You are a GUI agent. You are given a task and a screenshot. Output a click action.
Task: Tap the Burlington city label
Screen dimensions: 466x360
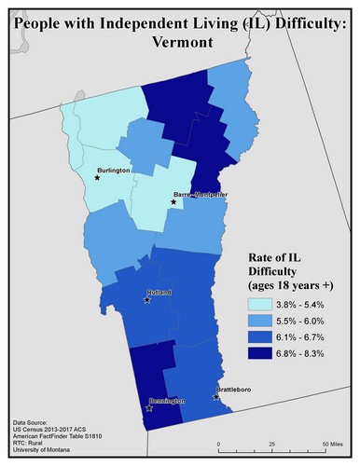point(113,171)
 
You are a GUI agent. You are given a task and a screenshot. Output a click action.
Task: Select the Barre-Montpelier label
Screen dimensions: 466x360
point(200,194)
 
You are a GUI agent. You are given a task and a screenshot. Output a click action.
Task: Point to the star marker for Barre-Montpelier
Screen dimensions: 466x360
point(173,201)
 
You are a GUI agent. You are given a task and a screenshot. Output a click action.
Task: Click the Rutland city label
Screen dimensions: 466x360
point(159,293)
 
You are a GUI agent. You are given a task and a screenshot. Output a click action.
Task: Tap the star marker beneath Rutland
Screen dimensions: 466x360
point(146,300)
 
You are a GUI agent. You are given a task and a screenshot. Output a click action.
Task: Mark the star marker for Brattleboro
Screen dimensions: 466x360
point(216,397)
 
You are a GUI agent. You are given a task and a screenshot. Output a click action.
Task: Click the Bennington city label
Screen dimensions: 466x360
point(167,401)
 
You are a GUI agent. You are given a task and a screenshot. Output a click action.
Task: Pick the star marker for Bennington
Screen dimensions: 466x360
point(149,407)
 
